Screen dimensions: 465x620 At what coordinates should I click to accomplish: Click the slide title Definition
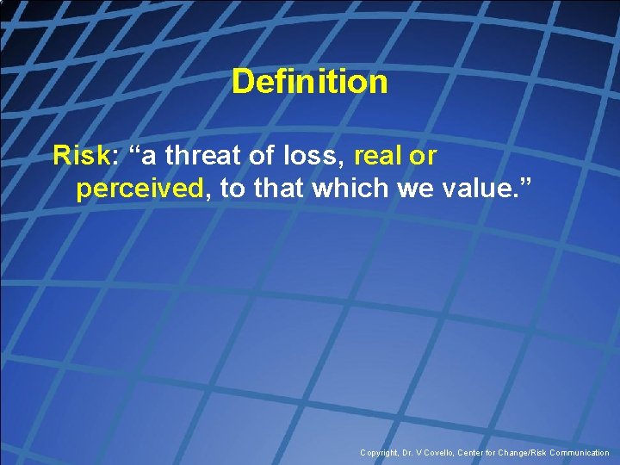click(x=309, y=83)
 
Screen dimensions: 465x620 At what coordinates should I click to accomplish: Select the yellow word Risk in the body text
click(x=82, y=156)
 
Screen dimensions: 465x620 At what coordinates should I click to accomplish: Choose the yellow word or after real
click(x=424, y=156)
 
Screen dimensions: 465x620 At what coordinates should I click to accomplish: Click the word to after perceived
click(x=232, y=189)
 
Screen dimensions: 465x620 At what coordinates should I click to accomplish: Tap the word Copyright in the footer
click(x=380, y=453)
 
